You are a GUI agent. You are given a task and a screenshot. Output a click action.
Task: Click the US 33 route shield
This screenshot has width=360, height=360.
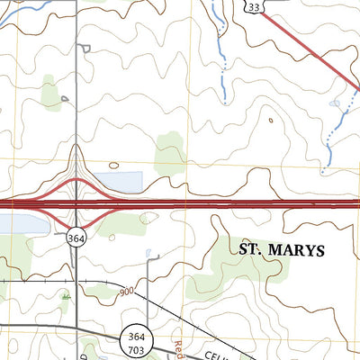[x=255, y=7]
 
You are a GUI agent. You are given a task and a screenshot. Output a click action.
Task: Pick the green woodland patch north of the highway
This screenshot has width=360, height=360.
[x=169, y=153]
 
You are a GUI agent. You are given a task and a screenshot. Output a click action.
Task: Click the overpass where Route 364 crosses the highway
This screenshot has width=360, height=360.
[x=76, y=205]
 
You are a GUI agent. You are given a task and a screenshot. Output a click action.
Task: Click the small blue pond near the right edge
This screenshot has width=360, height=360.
[x=336, y=103]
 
